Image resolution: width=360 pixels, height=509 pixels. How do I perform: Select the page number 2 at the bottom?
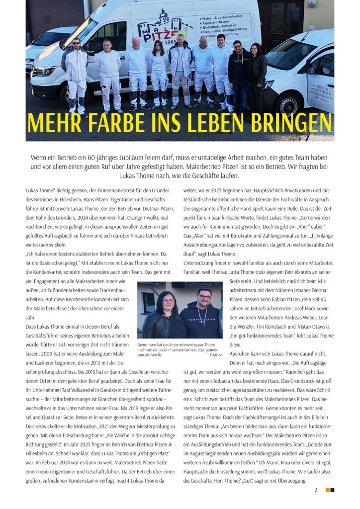(x=316, y=490)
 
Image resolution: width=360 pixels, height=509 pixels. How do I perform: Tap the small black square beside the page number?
(x=333, y=490)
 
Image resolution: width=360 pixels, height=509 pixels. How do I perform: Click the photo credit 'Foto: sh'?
(x=216, y=355)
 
